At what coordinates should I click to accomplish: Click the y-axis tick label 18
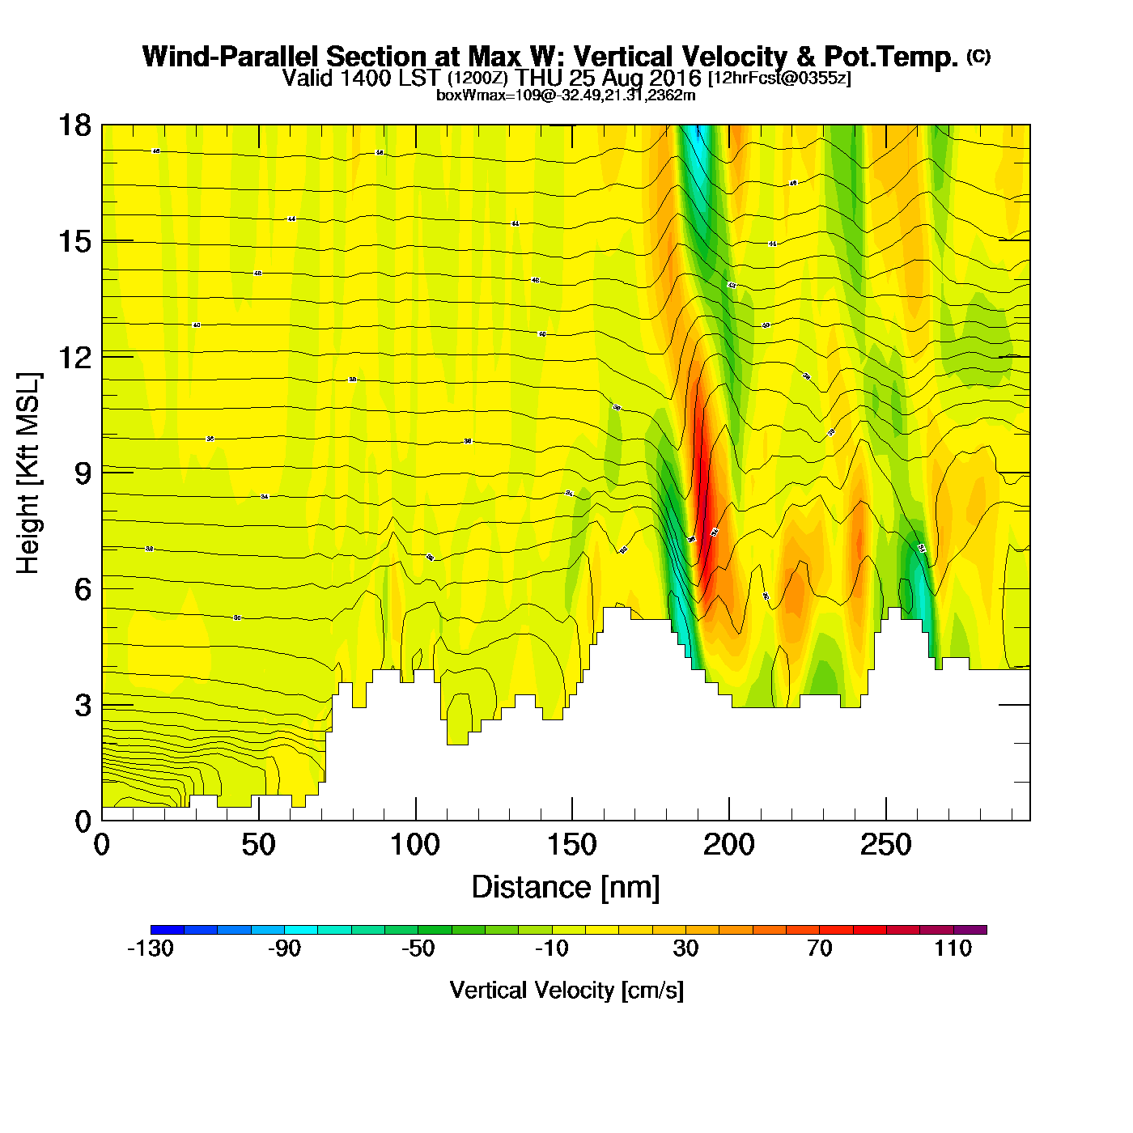74,125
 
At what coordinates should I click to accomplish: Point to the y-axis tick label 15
74,241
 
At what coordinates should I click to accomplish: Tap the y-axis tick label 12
74,357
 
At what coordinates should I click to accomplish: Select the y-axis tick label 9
83,473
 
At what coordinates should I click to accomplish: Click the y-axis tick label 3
83,705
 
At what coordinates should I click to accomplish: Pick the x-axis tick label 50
258,845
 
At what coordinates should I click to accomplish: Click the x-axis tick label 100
415,845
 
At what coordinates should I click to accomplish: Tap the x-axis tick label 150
572,845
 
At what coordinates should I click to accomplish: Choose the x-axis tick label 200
729,845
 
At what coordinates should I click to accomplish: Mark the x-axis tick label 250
886,845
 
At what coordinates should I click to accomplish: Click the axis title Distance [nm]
566,887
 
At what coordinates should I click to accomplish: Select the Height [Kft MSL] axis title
28,473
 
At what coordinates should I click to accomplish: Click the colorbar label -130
151,948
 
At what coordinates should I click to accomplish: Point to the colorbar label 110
953,948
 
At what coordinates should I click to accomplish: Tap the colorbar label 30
685,948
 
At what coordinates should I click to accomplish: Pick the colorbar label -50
418,948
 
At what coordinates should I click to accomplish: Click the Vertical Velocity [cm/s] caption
566,991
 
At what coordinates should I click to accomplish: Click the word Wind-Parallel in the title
231,57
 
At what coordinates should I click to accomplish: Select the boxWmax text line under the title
566,95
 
